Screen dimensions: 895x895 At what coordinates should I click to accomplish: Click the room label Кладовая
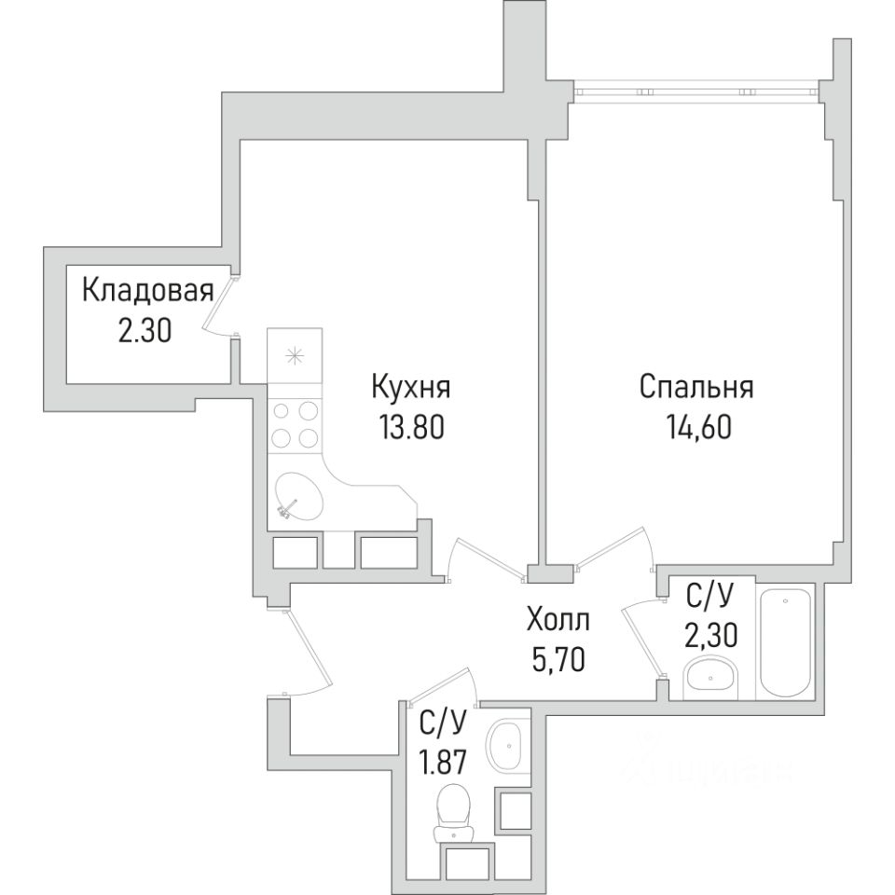click(x=148, y=291)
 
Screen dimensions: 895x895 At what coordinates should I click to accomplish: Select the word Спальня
click(x=696, y=386)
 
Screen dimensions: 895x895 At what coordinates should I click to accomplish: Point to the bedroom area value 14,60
click(x=698, y=426)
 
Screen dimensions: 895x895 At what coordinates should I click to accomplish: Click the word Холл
click(x=558, y=620)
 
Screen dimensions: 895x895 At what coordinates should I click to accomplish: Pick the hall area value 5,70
click(x=558, y=660)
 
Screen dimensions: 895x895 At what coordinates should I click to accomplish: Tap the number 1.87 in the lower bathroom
click(x=444, y=762)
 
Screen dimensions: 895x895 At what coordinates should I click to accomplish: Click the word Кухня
click(x=411, y=386)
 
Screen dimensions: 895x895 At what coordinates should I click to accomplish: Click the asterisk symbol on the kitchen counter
click(x=295, y=355)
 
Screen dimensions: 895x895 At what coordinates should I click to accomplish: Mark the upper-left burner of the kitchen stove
click(x=281, y=410)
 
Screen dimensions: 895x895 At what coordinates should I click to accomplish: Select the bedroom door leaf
click(x=612, y=547)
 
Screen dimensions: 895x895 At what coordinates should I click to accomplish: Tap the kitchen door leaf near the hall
click(x=489, y=558)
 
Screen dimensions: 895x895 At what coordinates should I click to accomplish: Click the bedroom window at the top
click(x=696, y=90)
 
